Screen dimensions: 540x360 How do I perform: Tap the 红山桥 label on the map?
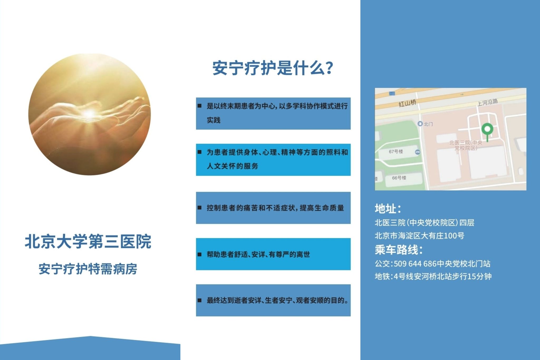point(407,103)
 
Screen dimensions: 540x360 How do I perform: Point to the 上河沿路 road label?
point(488,102)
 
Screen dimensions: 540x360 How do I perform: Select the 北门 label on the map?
point(428,124)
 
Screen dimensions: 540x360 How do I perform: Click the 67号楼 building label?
point(396,151)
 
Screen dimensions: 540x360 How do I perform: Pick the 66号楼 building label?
point(399,178)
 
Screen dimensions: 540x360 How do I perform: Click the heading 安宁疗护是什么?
point(273,68)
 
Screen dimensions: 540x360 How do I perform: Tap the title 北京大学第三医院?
point(88,241)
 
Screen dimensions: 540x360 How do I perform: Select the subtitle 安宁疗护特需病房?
point(88,269)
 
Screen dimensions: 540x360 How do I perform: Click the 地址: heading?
point(388,208)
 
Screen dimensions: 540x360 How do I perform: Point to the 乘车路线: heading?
point(398,249)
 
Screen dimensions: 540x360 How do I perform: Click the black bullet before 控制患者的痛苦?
point(200,208)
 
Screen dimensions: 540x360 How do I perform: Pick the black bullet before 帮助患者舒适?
point(200,255)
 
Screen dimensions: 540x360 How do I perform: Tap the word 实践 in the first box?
point(214,120)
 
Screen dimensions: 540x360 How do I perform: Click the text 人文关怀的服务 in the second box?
point(232,166)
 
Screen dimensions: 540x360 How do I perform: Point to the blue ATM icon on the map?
point(418,152)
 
